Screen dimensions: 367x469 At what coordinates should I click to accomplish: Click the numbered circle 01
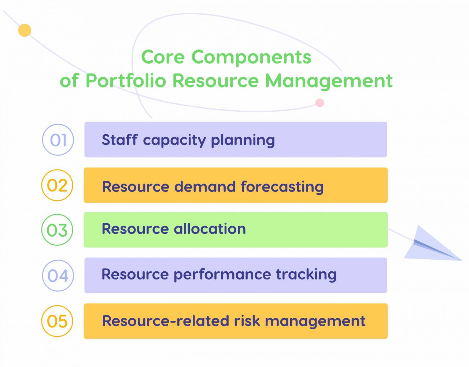(58, 140)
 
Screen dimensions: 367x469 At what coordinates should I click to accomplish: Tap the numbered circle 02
(57, 185)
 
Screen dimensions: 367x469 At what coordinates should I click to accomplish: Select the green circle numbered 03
(57, 230)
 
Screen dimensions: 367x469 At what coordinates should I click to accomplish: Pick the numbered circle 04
(58, 275)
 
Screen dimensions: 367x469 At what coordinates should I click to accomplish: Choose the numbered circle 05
(57, 321)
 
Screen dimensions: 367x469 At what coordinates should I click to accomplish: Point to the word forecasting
(282, 187)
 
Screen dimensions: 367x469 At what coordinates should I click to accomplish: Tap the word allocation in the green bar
(210, 229)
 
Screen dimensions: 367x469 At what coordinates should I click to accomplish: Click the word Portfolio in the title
(126, 81)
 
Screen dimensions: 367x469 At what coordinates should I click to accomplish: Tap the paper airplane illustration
(431, 245)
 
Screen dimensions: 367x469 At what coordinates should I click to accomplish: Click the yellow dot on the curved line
(25, 30)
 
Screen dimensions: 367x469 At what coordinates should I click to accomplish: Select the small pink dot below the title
(320, 103)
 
